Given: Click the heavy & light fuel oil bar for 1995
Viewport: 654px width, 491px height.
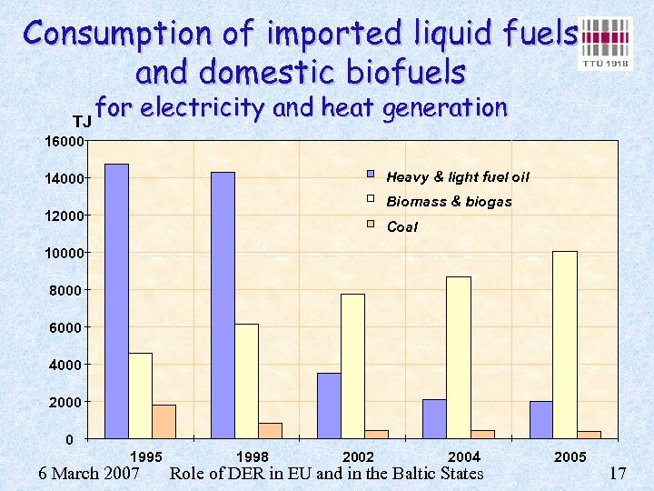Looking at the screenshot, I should tap(116, 301).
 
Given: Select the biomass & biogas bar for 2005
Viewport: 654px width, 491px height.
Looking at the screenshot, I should tap(565, 345).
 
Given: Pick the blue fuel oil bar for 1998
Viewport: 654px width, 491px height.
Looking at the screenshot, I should tap(223, 306).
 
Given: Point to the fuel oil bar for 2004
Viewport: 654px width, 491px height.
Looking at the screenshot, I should tap(434, 419).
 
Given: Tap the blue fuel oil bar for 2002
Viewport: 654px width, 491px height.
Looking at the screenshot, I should tap(329, 406).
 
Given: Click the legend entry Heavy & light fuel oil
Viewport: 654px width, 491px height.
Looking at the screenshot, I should tap(457, 176).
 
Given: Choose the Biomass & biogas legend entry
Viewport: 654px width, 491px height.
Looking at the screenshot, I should tap(449, 202).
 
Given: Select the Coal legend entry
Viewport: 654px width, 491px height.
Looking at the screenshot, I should tap(401, 226).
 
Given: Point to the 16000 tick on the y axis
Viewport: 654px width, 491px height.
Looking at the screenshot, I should tap(66, 141).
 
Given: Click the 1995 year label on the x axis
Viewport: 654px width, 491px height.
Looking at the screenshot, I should tap(147, 456).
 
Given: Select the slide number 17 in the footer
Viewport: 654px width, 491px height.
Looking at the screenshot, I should tap(618, 474).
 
